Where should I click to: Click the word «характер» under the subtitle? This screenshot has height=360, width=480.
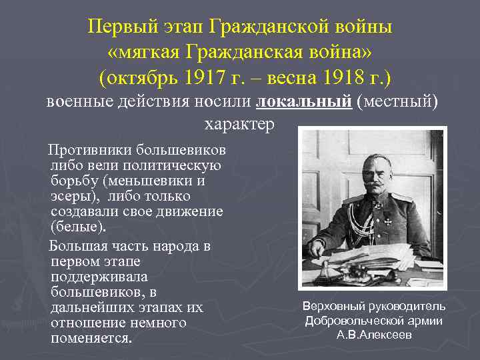(239, 125)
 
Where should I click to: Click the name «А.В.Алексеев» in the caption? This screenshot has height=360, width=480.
(374, 335)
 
